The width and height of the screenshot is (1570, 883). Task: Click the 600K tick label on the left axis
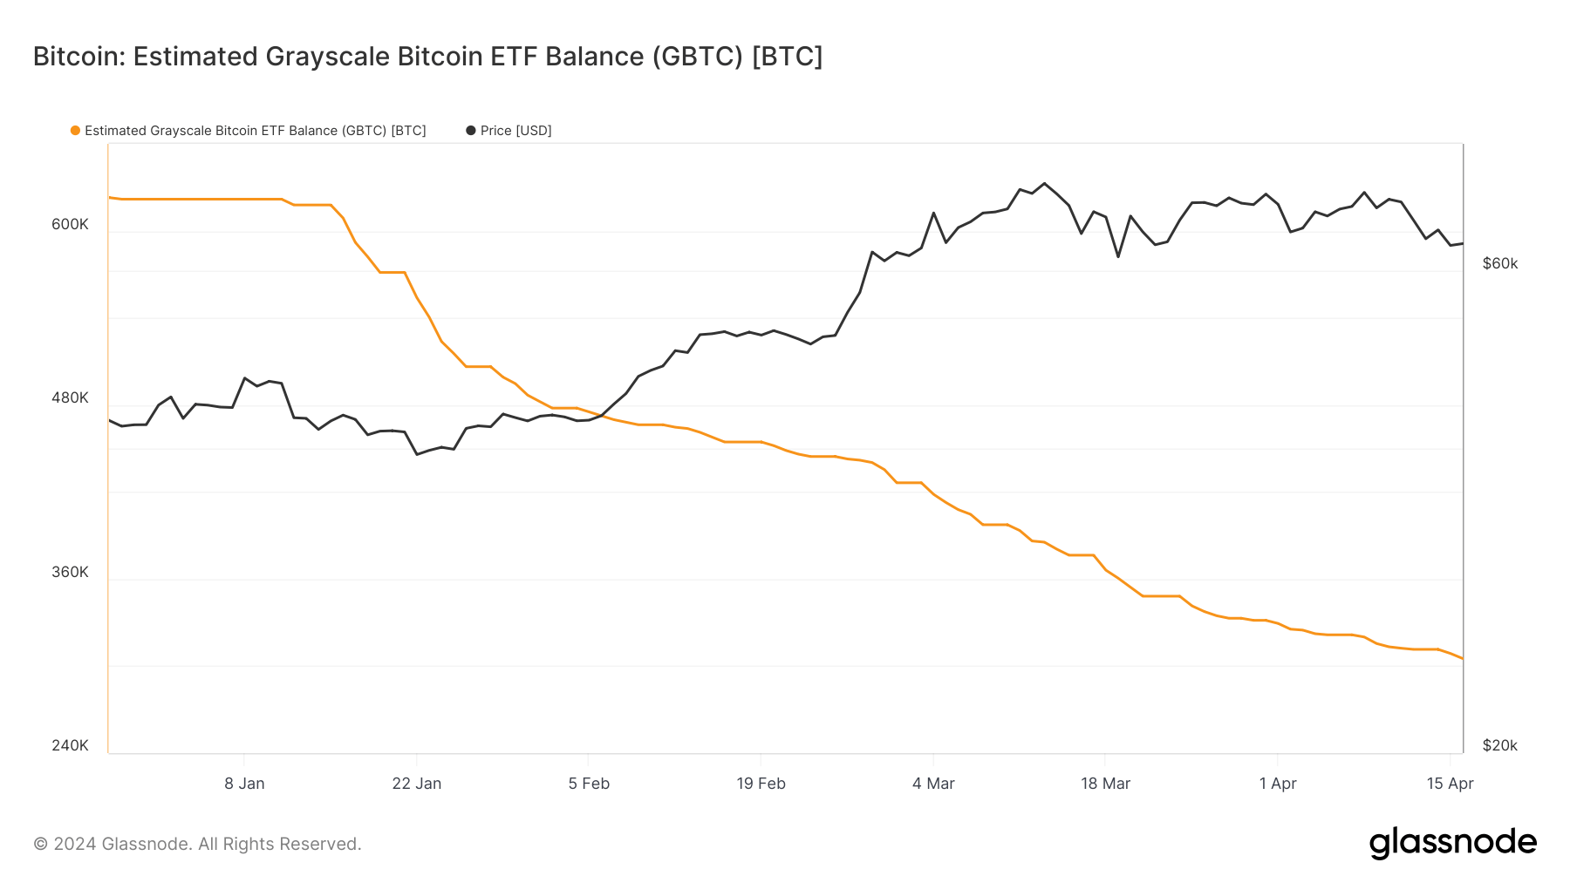pyautogui.click(x=70, y=224)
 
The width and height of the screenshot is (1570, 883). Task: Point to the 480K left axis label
pyautogui.click(x=70, y=397)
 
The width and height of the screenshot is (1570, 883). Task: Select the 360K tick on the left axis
pyautogui.click(x=70, y=572)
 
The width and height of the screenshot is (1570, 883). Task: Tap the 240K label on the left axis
pyautogui.click(x=70, y=745)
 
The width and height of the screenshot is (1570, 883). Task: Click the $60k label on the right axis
pyautogui.click(x=1500, y=263)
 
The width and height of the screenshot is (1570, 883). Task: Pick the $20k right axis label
pyautogui.click(x=1500, y=745)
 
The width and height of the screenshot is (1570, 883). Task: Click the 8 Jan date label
pyautogui.click(x=244, y=784)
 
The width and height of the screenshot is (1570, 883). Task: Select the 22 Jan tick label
pyautogui.click(x=417, y=784)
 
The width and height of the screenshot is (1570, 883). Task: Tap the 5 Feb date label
pyautogui.click(x=589, y=784)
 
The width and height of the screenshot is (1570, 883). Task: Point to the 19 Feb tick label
pyautogui.click(x=761, y=784)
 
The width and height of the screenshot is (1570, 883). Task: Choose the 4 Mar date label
pyautogui.click(x=933, y=784)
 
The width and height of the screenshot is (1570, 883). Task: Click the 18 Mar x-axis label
pyautogui.click(x=1105, y=784)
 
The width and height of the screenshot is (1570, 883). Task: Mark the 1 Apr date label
pyautogui.click(x=1278, y=784)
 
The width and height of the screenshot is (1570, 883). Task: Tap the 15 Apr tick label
pyautogui.click(x=1450, y=784)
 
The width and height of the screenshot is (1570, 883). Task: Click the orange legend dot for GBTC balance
pyautogui.click(x=76, y=131)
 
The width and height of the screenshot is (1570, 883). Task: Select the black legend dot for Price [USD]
pyautogui.click(x=471, y=131)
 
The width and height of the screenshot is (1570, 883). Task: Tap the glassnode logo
pyautogui.click(x=1452, y=843)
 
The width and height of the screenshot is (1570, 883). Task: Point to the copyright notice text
pyautogui.click(x=197, y=844)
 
